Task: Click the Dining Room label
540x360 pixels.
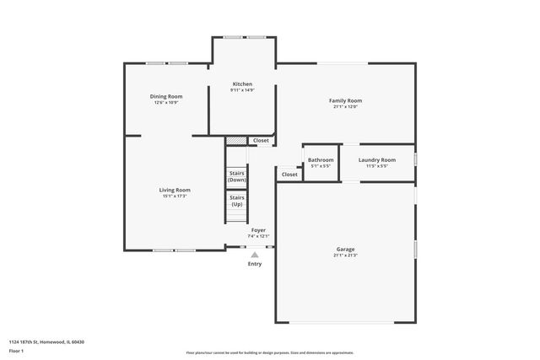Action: click(167, 97)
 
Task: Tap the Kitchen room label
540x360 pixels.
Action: click(242, 84)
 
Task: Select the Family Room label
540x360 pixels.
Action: click(345, 100)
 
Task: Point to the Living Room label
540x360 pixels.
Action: click(175, 190)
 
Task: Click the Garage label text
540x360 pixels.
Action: click(345, 249)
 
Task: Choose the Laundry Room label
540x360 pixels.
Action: click(376, 159)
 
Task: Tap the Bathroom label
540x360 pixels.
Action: click(321, 159)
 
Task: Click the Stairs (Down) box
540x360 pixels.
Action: click(237, 177)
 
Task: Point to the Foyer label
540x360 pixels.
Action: click(258, 230)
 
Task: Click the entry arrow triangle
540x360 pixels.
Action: click(255, 254)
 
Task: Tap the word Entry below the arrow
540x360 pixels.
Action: click(255, 264)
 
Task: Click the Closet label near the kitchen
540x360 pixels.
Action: click(261, 141)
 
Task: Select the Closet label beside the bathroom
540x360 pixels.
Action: click(289, 175)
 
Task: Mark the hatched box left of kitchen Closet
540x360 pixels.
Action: click(236, 141)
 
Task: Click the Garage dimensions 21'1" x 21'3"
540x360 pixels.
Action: click(345, 255)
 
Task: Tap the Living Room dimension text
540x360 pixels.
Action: click(175, 196)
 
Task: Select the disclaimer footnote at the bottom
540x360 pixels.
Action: click(269, 352)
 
